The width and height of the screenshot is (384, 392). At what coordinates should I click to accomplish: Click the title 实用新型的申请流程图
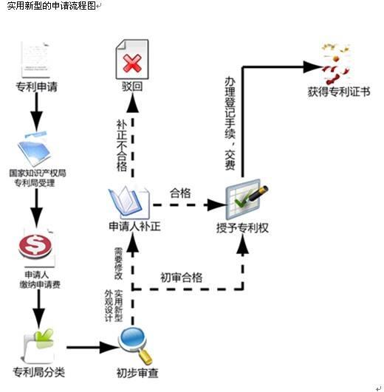(x=49, y=6)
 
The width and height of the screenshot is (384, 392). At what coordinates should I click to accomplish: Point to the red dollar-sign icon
(x=35, y=245)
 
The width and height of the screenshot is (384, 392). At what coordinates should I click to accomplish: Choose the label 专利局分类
(x=38, y=371)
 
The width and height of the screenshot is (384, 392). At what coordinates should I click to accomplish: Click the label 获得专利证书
(x=340, y=93)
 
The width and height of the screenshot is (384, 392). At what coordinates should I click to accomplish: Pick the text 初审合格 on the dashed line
(x=182, y=278)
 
